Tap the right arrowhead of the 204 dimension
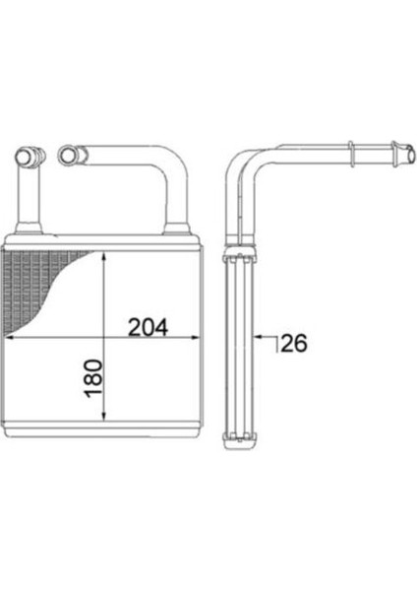tap(198, 338)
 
